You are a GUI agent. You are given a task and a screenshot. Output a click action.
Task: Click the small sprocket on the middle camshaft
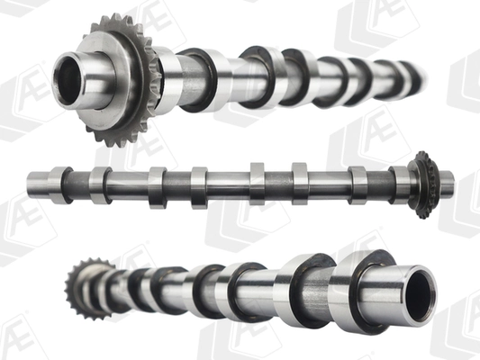[425, 185]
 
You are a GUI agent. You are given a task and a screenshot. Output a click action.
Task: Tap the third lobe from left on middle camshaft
[158, 188]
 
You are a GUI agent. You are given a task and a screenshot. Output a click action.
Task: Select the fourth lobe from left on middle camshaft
[199, 188]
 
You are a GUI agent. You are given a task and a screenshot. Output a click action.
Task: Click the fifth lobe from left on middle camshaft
[258, 184]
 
